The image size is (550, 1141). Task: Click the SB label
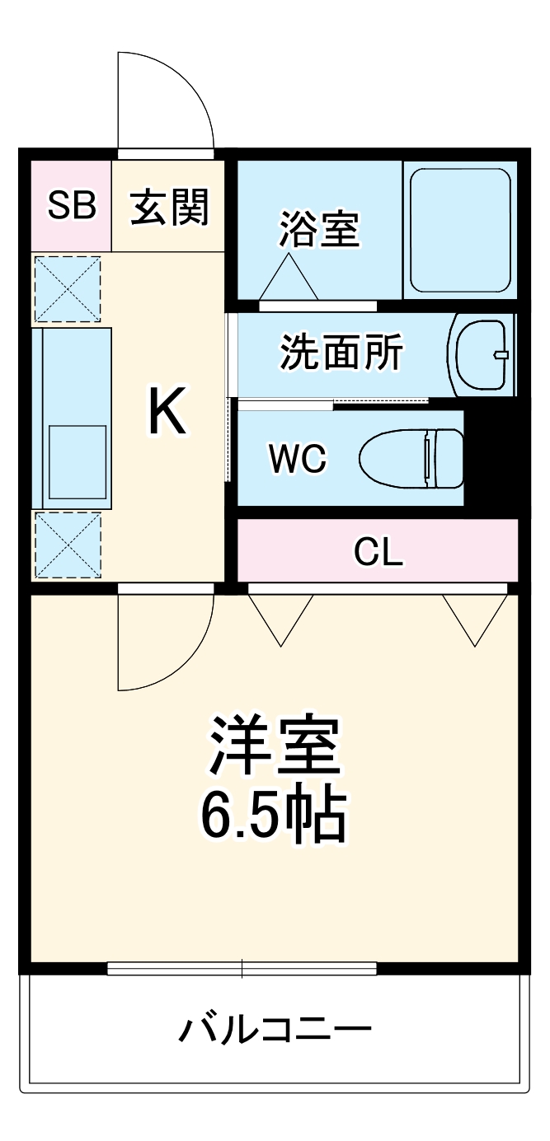71,206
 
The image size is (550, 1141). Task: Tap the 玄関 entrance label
170,206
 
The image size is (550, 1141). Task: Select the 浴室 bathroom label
320,229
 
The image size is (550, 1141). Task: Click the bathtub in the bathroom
460,231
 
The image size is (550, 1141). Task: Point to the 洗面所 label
341,353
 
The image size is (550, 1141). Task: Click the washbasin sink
482,354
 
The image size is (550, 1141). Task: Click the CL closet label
378,553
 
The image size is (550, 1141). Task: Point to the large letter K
167,412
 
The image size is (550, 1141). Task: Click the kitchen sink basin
77,461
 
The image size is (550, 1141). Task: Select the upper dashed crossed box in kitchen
67,288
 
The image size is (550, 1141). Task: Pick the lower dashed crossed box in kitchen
67,545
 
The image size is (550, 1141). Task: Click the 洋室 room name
274,745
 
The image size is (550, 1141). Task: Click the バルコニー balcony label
275,1029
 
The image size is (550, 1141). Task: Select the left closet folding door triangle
281,618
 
